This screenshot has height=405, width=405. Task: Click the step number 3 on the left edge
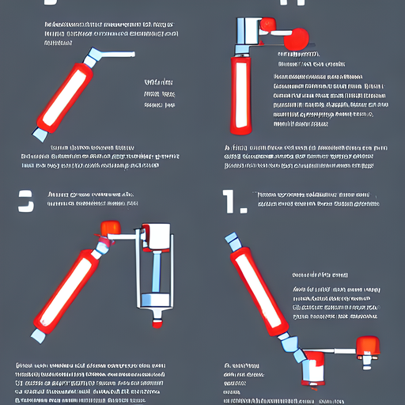[26, 202]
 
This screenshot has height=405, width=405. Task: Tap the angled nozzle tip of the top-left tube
[93, 57]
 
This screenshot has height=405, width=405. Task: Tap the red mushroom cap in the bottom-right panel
[365, 346]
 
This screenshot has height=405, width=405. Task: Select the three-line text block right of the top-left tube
[159, 92]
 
